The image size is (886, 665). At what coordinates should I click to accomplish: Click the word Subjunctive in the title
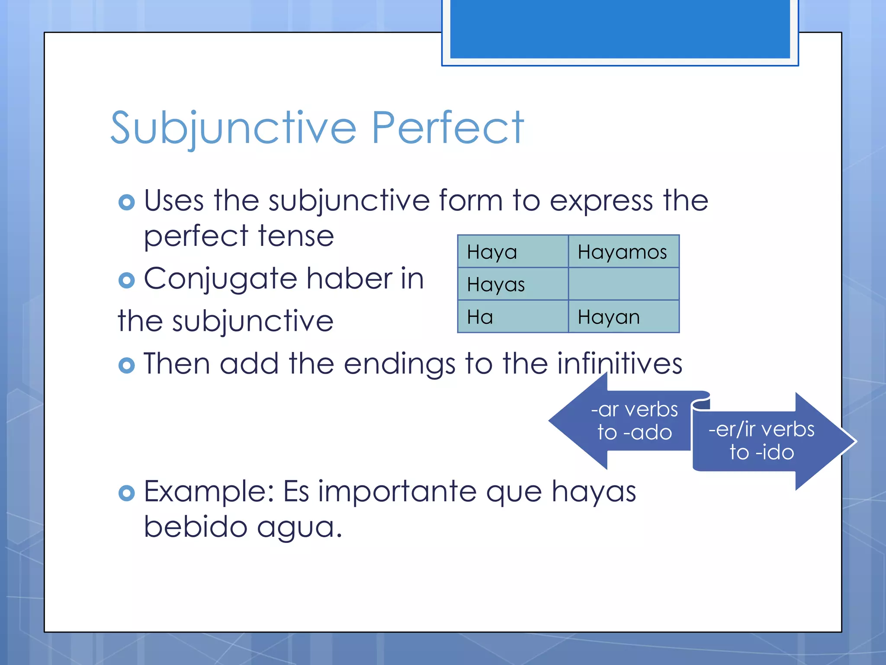click(x=234, y=128)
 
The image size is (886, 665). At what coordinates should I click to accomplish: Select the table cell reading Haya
click(x=513, y=252)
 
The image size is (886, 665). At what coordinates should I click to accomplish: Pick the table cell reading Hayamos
click(x=623, y=252)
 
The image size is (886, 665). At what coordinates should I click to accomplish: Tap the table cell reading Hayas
click(x=513, y=284)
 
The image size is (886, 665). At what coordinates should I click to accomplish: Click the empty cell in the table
click(x=623, y=284)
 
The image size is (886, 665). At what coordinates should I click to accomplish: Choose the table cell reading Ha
click(x=513, y=317)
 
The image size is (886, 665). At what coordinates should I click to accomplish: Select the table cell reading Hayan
click(x=623, y=317)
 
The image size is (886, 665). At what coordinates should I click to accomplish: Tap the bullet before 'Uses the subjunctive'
click(x=126, y=202)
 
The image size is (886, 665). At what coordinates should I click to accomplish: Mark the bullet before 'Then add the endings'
click(x=126, y=365)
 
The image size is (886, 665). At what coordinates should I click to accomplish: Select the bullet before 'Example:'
click(x=126, y=493)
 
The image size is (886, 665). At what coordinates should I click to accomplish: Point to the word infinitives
click(x=620, y=364)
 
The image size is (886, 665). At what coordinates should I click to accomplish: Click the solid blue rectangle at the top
click(x=620, y=29)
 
